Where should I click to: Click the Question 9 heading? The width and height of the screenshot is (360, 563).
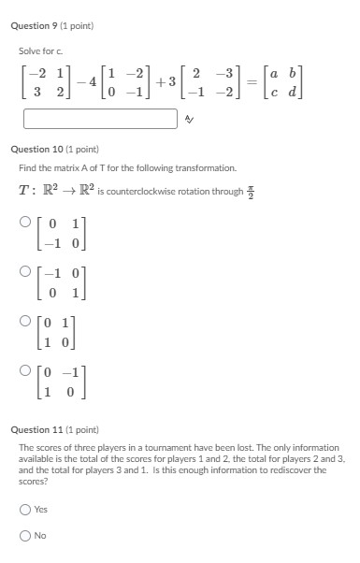[x=55, y=25]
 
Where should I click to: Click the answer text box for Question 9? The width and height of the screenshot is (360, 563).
[x=100, y=119]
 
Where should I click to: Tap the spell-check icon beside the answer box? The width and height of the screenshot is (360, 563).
[x=189, y=119]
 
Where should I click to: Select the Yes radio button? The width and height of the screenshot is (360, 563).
[x=24, y=510]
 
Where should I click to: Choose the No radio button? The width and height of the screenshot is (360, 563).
[x=24, y=536]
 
